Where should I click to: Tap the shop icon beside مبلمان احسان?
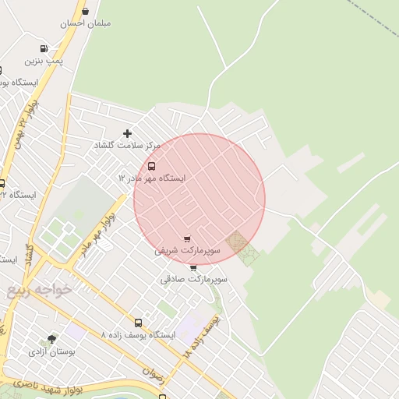pyautogui.click(x=85, y=11)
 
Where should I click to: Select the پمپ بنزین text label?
pyautogui.click(x=44, y=60)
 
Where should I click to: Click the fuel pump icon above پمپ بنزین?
pyautogui.click(x=44, y=48)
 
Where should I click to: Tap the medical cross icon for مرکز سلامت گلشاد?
pyautogui.click(x=128, y=134)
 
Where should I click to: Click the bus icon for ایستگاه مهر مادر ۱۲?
pyautogui.click(x=151, y=166)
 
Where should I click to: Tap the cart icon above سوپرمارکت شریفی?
pyautogui.click(x=187, y=238)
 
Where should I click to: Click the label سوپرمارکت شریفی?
pyautogui.click(x=187, y=250)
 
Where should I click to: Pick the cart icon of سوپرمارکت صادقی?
pyautogui.click(x=193, y=267)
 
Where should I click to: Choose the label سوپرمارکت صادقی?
pyautogui.click(x=194, y=278)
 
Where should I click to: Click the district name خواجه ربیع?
pyautogui.click(x=39, y=289)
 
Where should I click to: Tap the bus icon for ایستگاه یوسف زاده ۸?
pyautogui.click(x=138, y=323)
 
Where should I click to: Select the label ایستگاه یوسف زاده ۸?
pyautogui.click(x=138, y=334)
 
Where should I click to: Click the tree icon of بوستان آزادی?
pyautogui.click(x=51, y=340)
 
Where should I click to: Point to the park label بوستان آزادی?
pyautogui.click(x=51, y=351)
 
